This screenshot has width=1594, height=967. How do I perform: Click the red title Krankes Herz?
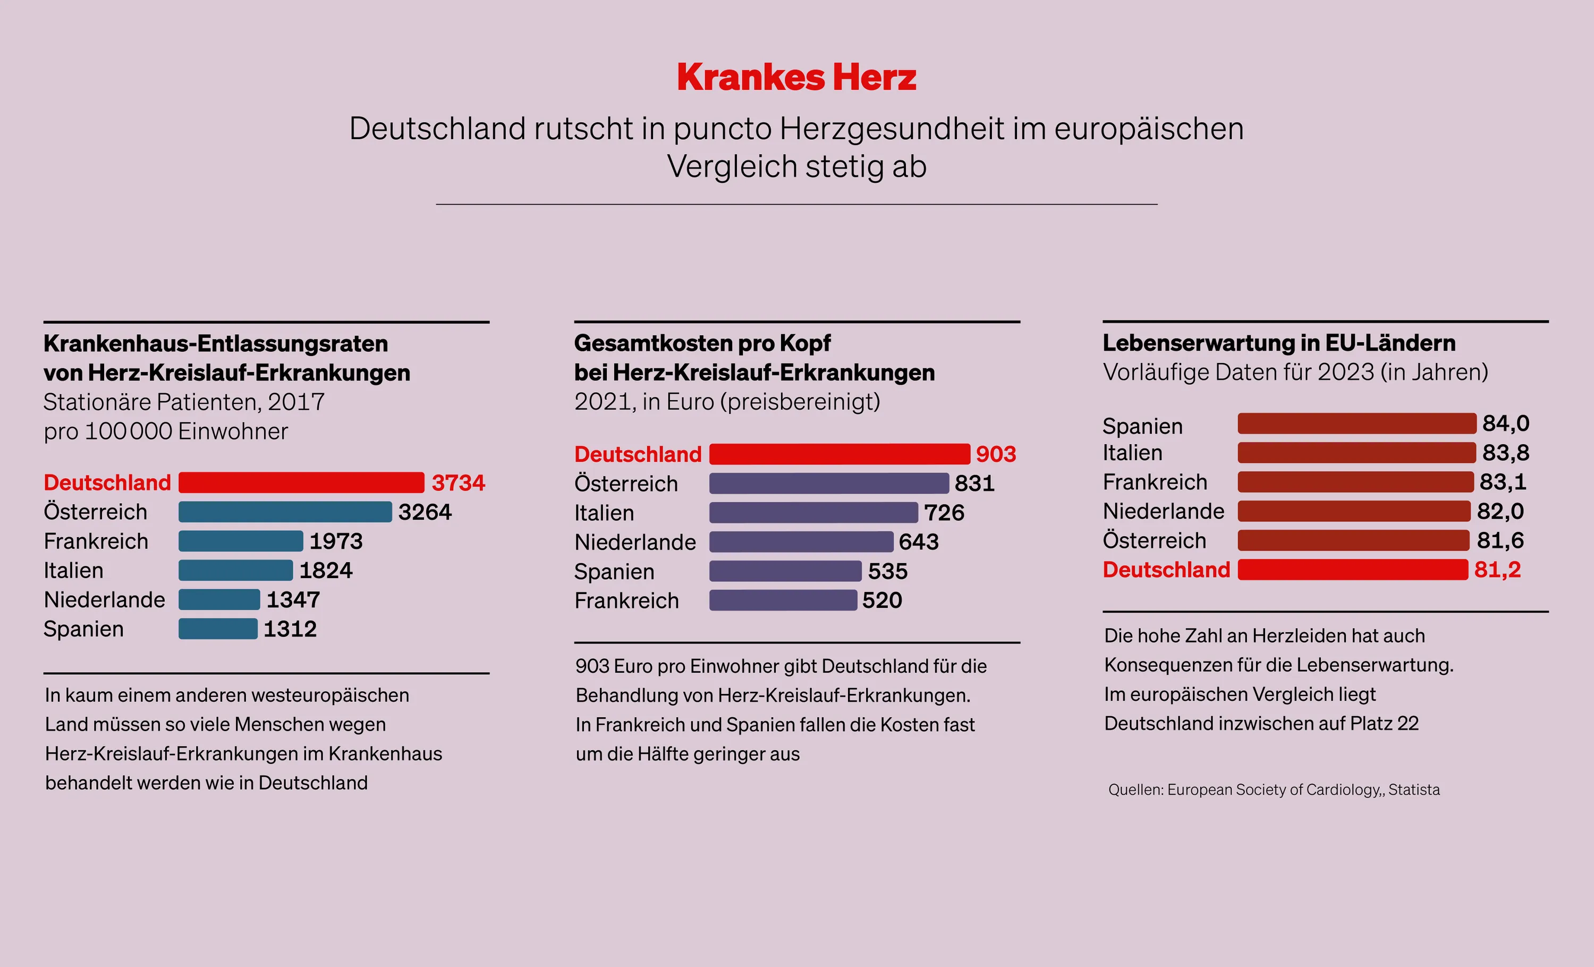(796, 78)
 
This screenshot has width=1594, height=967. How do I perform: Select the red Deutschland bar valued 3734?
(301, 482)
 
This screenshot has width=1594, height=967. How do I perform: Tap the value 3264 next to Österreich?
(425, 512)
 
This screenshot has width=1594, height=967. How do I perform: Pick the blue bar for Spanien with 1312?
(218, 629)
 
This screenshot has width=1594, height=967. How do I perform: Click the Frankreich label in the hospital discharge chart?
(96, 541)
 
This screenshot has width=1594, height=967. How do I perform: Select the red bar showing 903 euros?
(839, 454)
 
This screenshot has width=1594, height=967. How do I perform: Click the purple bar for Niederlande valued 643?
(801, 542)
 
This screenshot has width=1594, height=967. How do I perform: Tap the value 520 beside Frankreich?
(881, 600)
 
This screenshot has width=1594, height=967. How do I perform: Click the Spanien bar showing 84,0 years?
(1356, 423)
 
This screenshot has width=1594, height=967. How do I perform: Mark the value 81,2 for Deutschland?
(1497, 570)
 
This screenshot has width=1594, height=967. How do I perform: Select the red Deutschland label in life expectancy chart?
(1166, 570)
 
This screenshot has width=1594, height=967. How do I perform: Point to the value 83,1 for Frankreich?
(1503, 482)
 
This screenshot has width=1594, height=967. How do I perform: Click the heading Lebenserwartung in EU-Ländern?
(1278, 343)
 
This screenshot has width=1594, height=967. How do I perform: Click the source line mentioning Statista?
(1273, 790)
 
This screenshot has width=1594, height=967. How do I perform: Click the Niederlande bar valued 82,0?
(1353, 511)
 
